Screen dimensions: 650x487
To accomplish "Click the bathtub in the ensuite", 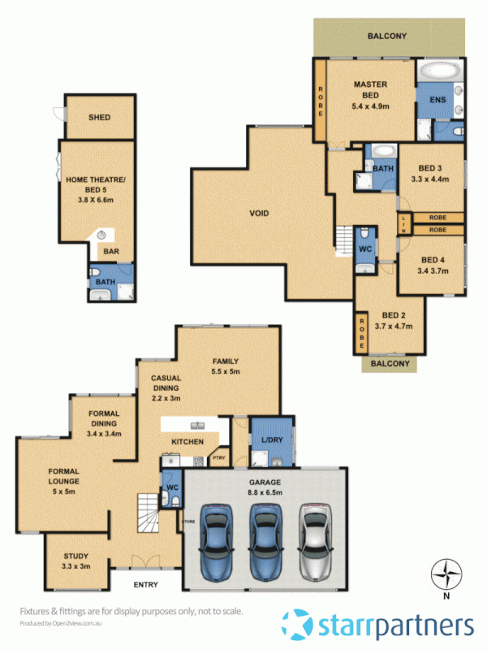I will coord(439,71).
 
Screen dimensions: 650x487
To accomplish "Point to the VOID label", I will coord(259,214).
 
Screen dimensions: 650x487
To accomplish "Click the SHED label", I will coord(99,118).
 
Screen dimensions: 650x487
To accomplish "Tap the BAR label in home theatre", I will coord(111,252).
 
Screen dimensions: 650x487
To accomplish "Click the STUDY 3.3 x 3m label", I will coord(76,561).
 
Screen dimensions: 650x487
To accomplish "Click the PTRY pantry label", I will coord(218,458).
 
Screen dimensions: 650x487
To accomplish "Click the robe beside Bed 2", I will coord(359,331).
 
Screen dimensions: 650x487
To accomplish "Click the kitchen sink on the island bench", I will coord(196,426).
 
